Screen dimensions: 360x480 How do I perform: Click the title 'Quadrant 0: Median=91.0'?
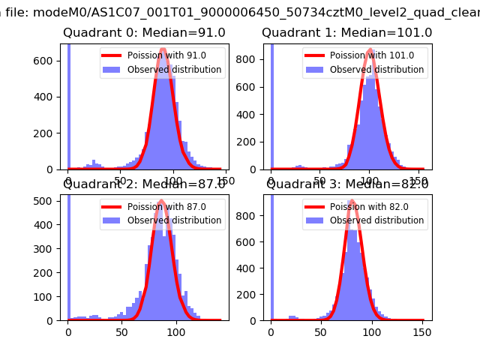143,33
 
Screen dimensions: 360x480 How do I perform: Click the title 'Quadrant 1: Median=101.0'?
346,33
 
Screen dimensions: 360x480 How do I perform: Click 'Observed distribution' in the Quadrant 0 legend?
184,70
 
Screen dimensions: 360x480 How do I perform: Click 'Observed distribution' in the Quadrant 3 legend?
387,220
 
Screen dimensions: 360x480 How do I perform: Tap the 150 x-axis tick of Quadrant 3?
422,331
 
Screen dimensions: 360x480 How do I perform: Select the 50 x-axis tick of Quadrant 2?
122,331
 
